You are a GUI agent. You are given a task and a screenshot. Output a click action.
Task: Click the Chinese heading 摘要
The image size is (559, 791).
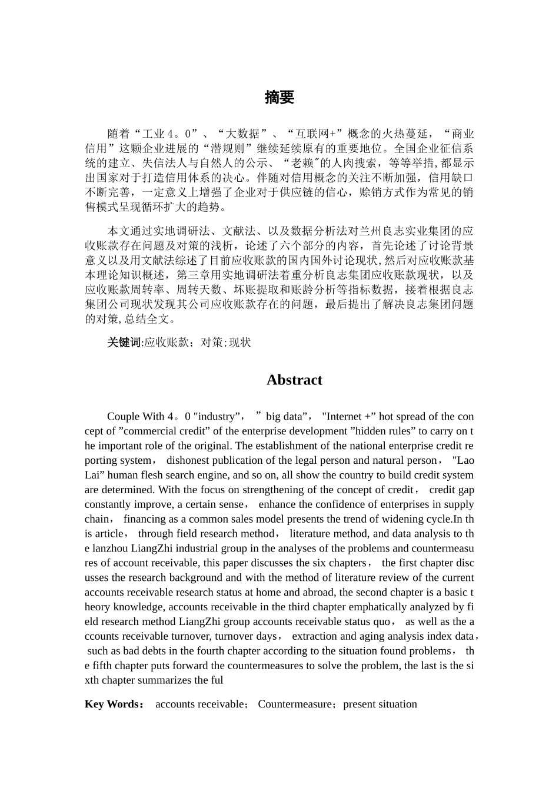(279, 98)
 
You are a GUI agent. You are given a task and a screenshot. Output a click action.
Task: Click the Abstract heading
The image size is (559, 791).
(294, 380)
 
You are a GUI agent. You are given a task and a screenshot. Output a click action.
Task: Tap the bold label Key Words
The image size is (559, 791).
(112, 704)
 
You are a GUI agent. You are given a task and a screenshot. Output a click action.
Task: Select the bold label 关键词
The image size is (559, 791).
(125, 343)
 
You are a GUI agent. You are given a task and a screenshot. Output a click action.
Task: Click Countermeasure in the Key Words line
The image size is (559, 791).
(294, 704)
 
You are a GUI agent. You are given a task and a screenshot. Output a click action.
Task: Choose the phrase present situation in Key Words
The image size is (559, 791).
(380, 704)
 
